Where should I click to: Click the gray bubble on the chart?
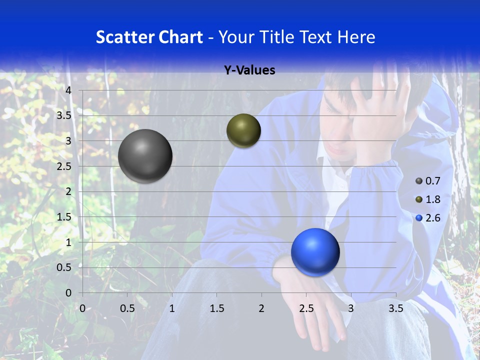(x=145, y=156)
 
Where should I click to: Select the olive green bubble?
(x=243, y=130)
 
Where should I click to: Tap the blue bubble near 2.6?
(x=315, y=252)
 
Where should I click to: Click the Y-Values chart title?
(x=249, y=70)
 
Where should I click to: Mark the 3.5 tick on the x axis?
(x=395, y=308)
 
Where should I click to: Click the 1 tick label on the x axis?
(x=172, y=308)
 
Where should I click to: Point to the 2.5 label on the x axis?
(x=306, y=308)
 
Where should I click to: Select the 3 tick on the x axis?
(x=351, y=308)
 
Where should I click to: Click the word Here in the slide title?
(x=356, y=36)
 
